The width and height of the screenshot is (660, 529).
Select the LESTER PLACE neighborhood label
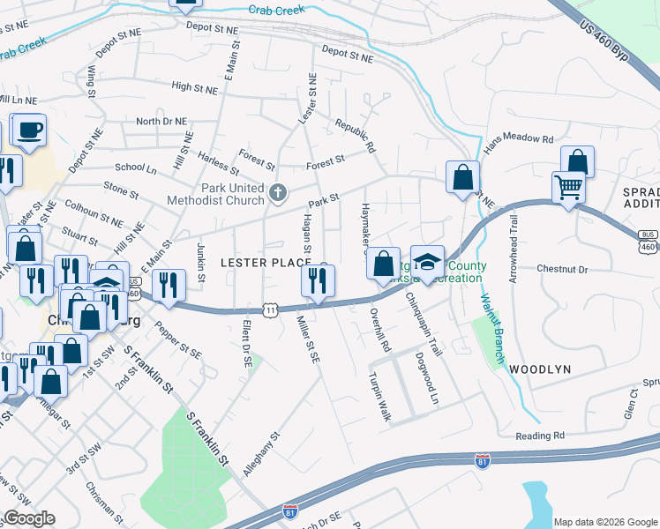266,263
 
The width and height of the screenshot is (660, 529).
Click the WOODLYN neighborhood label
540,369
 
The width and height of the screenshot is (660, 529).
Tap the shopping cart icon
568,187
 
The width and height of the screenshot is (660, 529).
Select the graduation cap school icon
428,263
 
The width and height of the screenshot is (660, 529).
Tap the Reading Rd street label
541,436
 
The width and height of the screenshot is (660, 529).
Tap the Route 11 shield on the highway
271,309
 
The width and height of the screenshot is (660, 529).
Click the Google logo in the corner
28,518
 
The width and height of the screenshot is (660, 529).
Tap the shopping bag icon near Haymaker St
383,263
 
